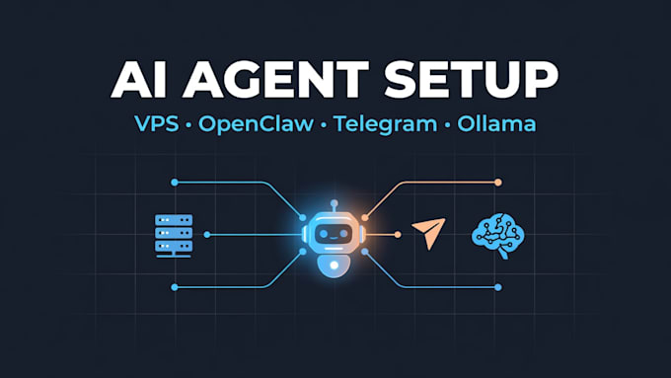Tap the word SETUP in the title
point(471,79)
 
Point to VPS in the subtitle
point(157,124)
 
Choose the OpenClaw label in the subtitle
point(256,124)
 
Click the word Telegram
point(385,124)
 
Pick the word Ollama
point(496,123)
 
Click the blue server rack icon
point(174,236)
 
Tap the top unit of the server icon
point(174,220)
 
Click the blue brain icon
point(498,236)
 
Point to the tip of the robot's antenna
point(335,203)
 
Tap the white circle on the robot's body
point(335,265)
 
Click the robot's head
point(334,233)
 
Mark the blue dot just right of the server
point(207,235)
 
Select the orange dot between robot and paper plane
point(398,235)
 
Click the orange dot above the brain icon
point(498,183)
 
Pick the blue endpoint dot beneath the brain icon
point(498,287)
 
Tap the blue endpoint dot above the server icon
point(175,183)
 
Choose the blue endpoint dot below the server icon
point(175,287)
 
